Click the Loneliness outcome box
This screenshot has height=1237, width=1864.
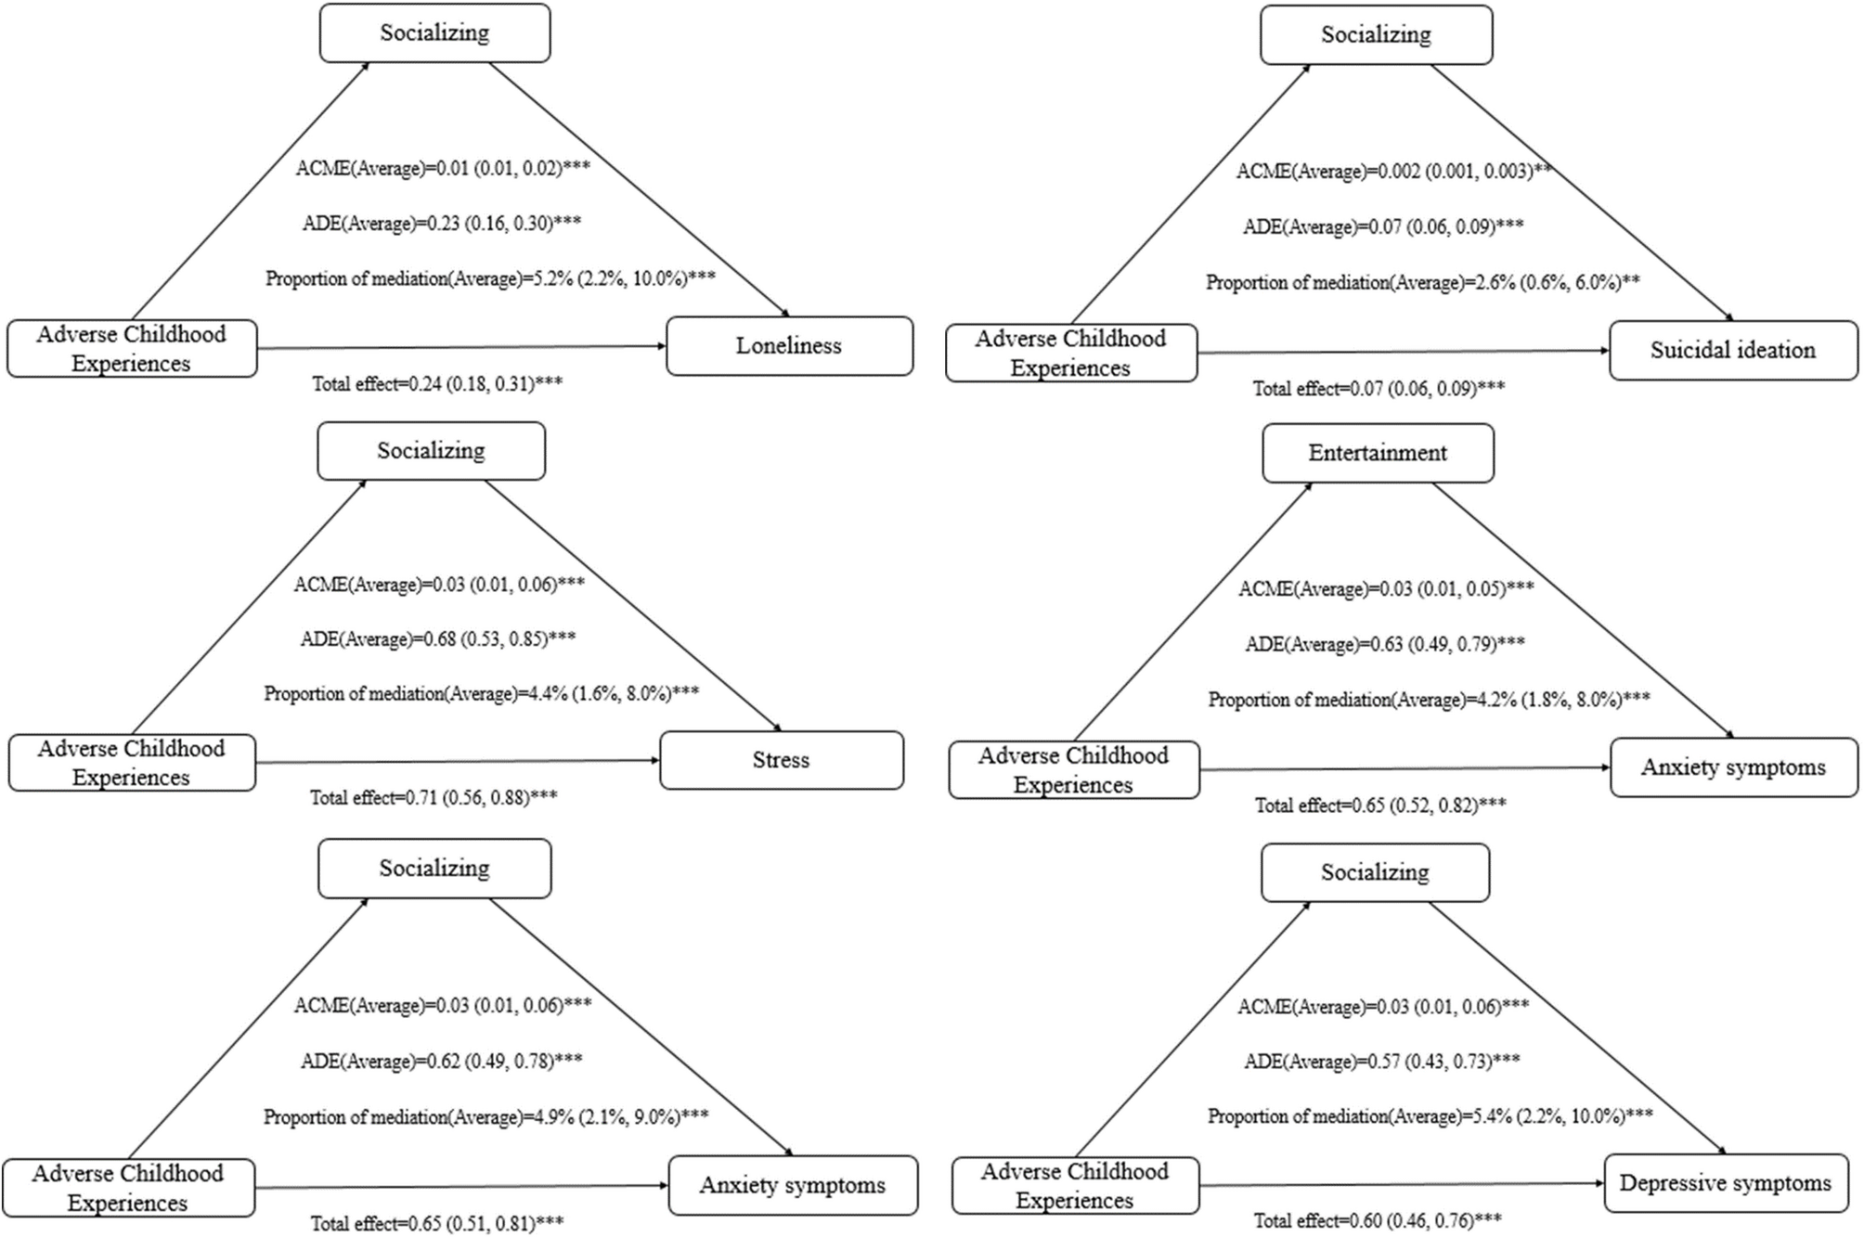[x=789, y=346]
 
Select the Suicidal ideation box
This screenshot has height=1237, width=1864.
[x=1733, y=351]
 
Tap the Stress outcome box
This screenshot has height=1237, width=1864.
[x=781, y=760]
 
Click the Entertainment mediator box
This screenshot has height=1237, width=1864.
[x=1378, y=453]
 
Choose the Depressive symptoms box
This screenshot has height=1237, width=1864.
[x=1726, y=1183]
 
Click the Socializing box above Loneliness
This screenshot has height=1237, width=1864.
[x=434, y=33]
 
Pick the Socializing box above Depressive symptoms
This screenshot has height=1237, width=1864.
[x=1375, y=872]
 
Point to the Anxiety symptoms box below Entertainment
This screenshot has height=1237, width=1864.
[x=1733, y=767]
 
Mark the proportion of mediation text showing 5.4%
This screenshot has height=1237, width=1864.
[x=1430, y=1115]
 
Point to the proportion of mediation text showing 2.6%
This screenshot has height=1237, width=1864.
[x=1422, y=282]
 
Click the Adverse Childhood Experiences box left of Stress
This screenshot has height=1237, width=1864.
[x=131, y=763]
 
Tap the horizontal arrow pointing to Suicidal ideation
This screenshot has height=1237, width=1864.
[x=1402, y=352]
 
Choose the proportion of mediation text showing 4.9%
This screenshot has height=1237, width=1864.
[x=485, y=1116]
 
